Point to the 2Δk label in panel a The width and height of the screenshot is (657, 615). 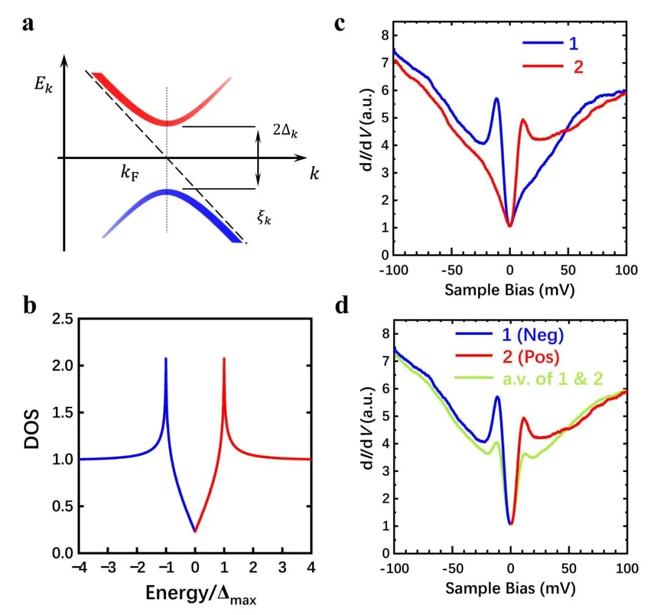pyautogui.click(x=286, y=130)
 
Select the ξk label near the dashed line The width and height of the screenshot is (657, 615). pyautogui.click(x=263, y=217)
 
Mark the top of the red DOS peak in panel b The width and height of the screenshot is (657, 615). pyautogui.click(x=224, y=359)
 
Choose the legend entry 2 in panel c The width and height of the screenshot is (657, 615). pyautogui.click(x=577, y=66)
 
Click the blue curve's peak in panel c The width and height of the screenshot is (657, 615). pyautogui.click(x=496, y=99)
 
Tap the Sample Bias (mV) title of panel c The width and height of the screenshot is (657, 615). pyautogui.click(x=509, y=289)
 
